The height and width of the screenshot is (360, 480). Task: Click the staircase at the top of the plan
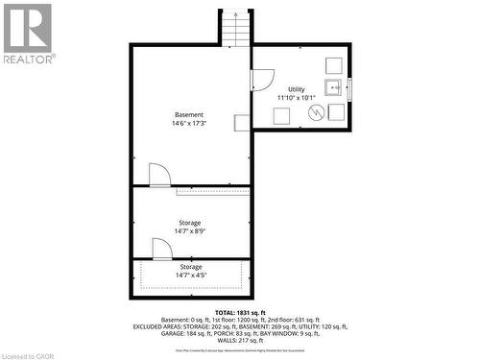[237, 28]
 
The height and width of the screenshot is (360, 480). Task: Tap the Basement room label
[189, 115]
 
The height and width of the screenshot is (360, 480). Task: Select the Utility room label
[297, 89]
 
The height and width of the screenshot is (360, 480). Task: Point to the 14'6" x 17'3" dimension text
[189, 124]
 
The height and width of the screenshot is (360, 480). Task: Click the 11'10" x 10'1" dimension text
[297, 98]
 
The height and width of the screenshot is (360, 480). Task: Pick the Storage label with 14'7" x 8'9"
[189, 223]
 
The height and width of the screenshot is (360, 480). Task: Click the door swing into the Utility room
[263, 80]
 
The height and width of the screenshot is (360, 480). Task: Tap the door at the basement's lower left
[159, 175]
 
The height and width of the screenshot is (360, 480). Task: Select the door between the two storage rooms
[162, 249]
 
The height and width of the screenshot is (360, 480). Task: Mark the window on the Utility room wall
[349, 88]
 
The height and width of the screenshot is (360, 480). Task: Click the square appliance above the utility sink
[334, 64]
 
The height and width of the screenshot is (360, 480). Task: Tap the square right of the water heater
[336, 112]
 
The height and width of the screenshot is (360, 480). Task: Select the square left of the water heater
[282, 116]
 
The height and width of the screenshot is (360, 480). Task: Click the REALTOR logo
[28, 34]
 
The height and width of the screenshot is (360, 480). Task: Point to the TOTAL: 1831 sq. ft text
[240, 313]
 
